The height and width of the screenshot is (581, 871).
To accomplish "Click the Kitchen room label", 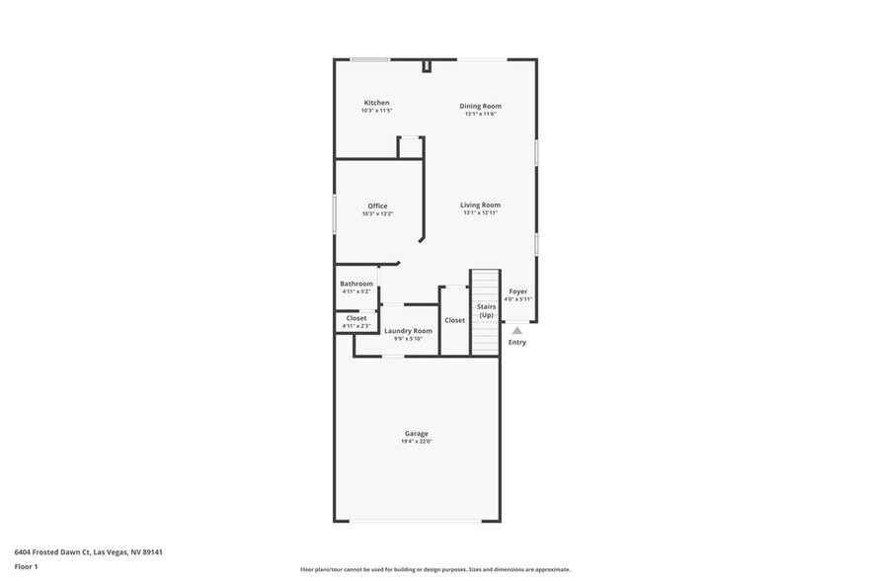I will [376, 103].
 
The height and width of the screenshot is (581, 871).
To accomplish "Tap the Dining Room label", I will [480, 106].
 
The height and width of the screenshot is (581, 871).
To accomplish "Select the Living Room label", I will [480, 205].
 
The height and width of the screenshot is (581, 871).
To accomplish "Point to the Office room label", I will [377, 206].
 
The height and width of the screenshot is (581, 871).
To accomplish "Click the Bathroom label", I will [356, 284].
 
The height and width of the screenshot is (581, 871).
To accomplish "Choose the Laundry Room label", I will [408, 331].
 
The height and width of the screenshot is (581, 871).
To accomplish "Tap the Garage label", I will [416, 434].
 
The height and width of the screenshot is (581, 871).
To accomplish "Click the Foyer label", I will [518, 291].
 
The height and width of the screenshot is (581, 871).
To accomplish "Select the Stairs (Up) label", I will [486, 311].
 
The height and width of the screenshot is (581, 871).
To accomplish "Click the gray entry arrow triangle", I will [516, 330].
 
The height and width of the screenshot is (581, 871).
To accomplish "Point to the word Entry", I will [517, 343].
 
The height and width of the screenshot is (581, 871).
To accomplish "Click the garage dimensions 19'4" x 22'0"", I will [416, 442].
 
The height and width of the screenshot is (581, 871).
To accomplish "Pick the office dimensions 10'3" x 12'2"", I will [377, 213].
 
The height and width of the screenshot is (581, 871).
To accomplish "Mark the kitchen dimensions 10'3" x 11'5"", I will [376, 111].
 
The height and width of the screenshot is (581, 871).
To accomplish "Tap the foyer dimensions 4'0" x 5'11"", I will [518, 299].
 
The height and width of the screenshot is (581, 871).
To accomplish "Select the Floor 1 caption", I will [26, 566].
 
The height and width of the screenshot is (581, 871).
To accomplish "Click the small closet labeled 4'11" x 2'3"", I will [356, 321].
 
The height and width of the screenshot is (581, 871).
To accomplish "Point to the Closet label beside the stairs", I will [454, 320].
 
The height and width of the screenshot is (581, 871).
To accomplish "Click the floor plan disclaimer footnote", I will [435, 569].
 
